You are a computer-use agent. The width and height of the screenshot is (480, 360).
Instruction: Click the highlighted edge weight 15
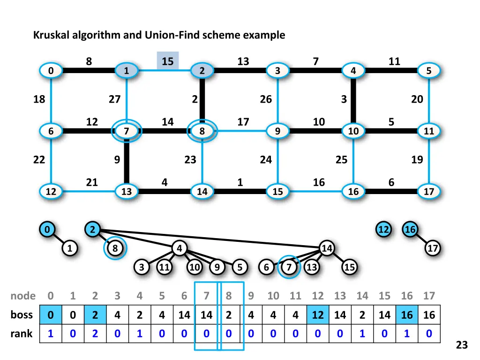click(167, 61)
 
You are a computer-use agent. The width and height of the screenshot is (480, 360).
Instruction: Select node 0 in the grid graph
click(50, 71)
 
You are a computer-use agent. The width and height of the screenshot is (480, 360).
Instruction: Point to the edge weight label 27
click(114, 99)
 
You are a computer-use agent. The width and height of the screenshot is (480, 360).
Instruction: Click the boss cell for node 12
click(318, 315)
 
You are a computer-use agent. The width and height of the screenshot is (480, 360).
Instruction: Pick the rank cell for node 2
click(95, 334)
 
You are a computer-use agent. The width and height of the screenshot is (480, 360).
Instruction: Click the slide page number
click(462, 345)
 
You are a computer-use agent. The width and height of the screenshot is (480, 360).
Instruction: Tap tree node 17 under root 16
click(433, 248)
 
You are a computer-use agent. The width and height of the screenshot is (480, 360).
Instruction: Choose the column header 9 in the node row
click(251, 296)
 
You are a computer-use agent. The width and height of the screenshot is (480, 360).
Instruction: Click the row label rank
click(22, 334)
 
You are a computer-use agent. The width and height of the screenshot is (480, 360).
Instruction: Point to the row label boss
click(22, 315)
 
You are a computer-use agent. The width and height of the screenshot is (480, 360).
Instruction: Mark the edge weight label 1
click(240, 182)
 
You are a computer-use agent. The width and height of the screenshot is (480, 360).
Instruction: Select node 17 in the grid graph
click(429, 191)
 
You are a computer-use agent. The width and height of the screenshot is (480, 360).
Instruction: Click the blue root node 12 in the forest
click(383, 230)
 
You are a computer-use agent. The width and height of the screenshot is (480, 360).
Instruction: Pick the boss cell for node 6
click(184, 315)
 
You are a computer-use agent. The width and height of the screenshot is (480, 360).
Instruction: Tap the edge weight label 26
click(266, 99)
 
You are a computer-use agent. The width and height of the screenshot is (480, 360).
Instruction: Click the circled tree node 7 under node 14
click(290, 267)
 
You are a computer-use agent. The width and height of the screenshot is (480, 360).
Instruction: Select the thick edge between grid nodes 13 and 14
click(164, 191)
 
